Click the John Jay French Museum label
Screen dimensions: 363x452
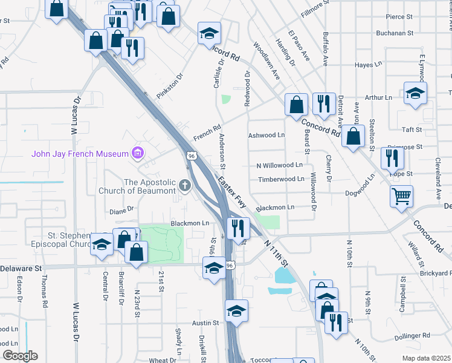[80, 153]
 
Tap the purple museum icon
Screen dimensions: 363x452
[138, 153]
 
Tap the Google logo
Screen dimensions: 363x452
[19, 356]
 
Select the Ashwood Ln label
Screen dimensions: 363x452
[266, 136]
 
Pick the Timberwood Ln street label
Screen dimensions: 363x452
[281, 180]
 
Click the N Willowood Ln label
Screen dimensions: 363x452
[279, 165]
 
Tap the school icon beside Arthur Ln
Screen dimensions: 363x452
[415, 93]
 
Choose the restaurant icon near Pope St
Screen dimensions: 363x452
[392, 159]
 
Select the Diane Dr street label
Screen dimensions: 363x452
[121, 211]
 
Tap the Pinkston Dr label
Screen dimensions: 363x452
[169, 87]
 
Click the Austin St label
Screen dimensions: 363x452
[205, 324]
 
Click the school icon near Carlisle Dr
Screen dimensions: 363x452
[210, 33]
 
